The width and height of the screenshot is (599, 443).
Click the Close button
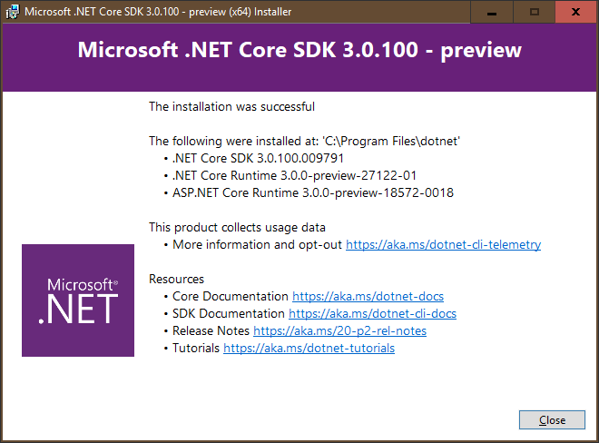[x=552, y=420]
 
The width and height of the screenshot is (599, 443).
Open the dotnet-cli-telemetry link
[x=443, y=244]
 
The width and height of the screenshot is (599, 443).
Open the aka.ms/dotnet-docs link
[x=368, y=297]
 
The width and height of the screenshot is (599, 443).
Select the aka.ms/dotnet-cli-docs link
[x=372, y=314]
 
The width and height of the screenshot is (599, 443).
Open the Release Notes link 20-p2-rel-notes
[x=339, y=331]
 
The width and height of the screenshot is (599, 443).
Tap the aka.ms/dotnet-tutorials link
[x=309, y=349]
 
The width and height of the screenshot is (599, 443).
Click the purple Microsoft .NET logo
[x=78, y=300]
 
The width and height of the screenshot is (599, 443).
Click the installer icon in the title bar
[x=12, y=12]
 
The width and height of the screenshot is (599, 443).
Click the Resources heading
[x=176, y=279]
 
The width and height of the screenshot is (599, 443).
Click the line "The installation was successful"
[x=231, y=107]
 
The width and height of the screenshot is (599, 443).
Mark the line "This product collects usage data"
[x=237, y=227]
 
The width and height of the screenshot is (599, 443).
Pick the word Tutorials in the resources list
[x=196, y=349]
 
